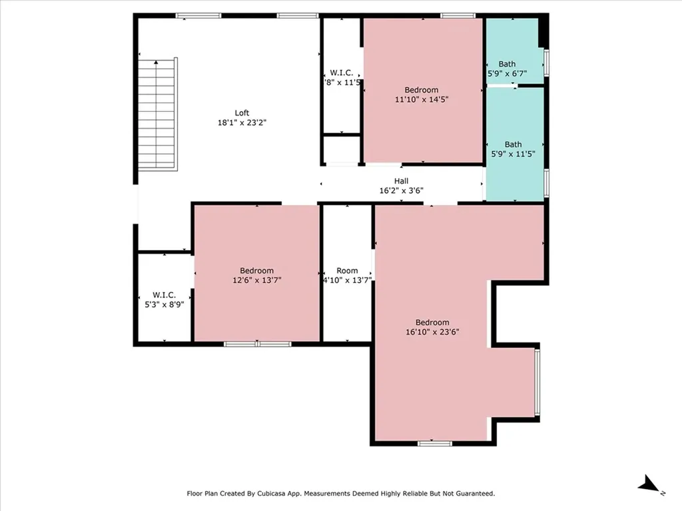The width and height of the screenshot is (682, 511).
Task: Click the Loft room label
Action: pos(242,113)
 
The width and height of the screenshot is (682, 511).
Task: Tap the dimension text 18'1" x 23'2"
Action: pos(242,123)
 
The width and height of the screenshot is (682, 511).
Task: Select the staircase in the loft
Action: pos(157,114)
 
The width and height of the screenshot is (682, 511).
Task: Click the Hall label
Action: pos(401,181)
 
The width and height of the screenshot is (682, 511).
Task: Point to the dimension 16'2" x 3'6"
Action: pos(401,190)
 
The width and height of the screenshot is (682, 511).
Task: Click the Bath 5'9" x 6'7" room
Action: pos(515,51)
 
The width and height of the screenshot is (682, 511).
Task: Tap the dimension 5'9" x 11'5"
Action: pos(513,154)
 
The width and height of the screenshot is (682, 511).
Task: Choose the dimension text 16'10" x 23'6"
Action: pos(432,332)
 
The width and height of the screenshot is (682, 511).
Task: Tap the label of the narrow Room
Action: pos(347,271)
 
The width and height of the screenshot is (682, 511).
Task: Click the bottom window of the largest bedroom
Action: pos(434,443)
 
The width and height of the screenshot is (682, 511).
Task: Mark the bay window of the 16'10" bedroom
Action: pos(537,382)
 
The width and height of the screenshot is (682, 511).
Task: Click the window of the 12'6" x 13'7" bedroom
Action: pos(258,344)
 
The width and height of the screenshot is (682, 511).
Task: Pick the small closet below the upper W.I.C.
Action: pos(342,150)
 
